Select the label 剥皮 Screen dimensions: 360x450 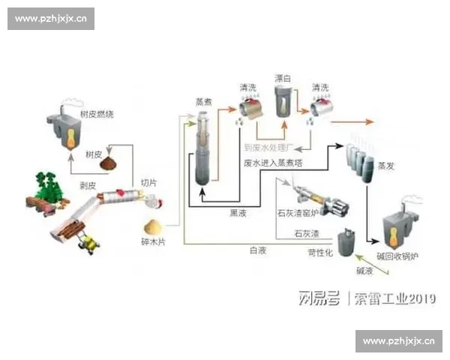tap(88, 184)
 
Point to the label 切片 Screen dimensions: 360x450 tap(148, 182)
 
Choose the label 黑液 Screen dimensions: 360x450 tap(239, 212)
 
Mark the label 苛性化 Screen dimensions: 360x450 tap(320, 253)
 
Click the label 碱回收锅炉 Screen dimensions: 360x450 tap(397, 256)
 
